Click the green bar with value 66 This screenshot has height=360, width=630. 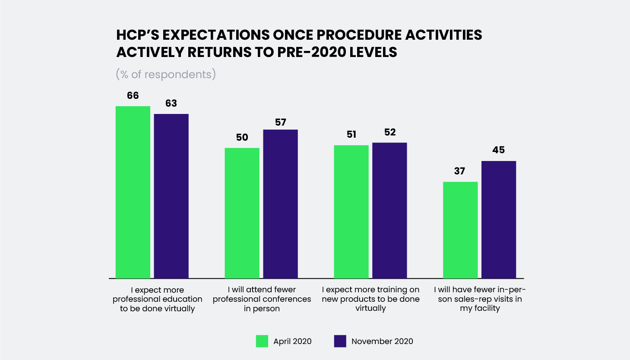[x=133, y=193]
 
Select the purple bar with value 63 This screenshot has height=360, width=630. [x=171, y=196]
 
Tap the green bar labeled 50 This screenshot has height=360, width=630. [x=242, y=213]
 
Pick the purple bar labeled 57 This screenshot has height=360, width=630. [x=280, y=204]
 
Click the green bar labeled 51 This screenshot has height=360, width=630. [x=351, y=212]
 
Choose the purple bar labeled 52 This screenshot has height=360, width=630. [x=389, y=211]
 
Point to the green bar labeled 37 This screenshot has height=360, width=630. [x=460, y=230]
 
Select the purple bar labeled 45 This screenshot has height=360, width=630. [x=499, y=220]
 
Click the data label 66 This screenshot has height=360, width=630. [x=133, y=96]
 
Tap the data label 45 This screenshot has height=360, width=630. [x=499, y=150]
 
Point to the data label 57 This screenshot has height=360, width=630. [x=280, y=122]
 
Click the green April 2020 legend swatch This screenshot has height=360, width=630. [x=262, y=341]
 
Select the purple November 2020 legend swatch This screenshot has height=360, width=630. [x=340, y=341]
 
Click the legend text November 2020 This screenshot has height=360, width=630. [x=382, y=341]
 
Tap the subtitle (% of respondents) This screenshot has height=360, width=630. [x=166, y=74]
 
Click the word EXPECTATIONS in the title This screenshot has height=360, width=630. [x=216, y=35]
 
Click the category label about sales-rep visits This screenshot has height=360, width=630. [x=480, y=299]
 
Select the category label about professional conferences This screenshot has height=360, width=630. [x=262, y=299]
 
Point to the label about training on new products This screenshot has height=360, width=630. [x=370, y=299]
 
